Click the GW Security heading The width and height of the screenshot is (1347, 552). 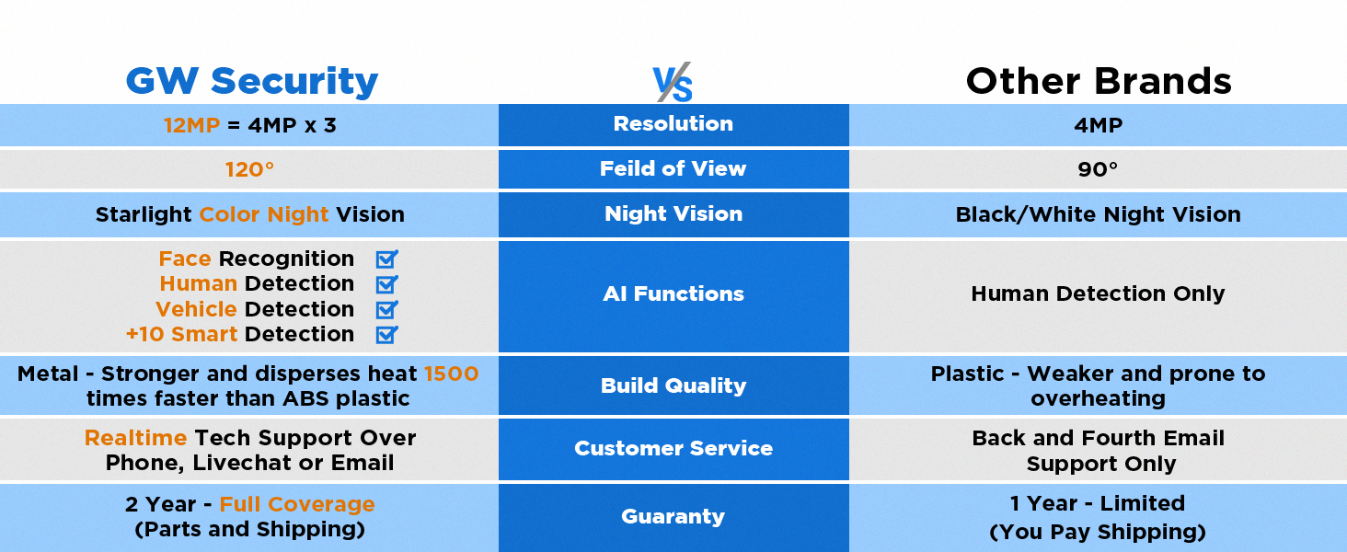coord(252,81)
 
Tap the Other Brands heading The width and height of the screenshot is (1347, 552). coord(1099,81)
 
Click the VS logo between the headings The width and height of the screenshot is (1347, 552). coord(673,83)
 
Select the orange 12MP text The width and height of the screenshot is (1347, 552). coord(191,125)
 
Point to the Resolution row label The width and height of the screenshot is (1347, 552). coord(673,123)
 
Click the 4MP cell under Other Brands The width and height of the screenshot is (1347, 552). coord(1098,125)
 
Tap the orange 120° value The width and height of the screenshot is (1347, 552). coord(249,169)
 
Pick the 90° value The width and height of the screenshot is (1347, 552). coord(1098,169)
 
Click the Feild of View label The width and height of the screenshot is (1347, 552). coord(673,168)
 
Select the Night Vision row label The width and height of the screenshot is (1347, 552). coord(673,213)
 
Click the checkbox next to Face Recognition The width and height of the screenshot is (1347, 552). coord(386,259)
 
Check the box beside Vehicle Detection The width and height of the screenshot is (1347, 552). coord(386,310)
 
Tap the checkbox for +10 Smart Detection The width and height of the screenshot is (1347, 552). coord(386,334)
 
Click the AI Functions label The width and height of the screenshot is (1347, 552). coord(673,293)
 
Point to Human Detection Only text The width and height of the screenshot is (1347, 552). coord(1098,293)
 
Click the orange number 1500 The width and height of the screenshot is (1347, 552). coord(451,374)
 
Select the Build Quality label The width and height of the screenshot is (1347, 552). coord(673,385)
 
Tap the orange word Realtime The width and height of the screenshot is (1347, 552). coord(136,438)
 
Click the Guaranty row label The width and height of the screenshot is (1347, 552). coord(673,516)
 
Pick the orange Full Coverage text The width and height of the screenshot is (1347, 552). coord(297,504)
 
